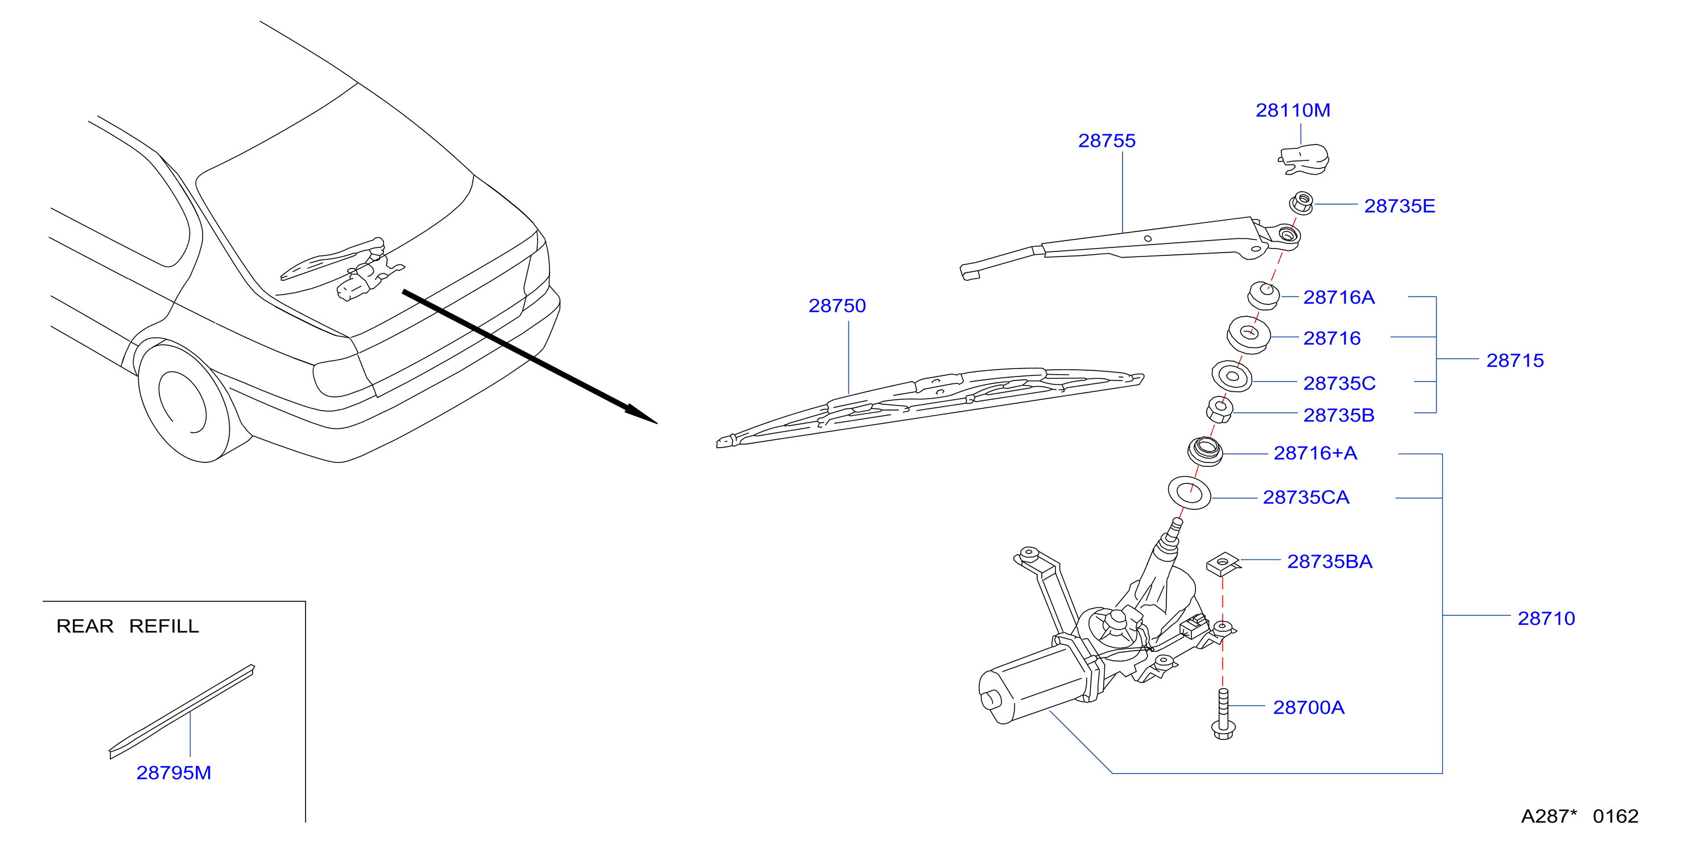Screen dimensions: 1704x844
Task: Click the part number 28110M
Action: click(x=1293, y=110)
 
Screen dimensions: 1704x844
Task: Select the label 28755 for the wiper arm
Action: click(x=1107, y=140)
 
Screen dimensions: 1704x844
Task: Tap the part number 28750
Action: click(x=837, y=305)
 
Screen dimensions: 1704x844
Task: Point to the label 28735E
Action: click(x=1400, y=206)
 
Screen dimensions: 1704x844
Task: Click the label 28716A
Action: click(x=1339, y=297)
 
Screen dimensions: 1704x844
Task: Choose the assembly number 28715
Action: click(x=1515, y=361)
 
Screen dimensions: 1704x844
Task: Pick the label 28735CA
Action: click(x=1306, y=498)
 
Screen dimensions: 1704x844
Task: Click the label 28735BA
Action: click(x=1330, y=561)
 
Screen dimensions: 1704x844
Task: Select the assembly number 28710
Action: click(x=1546, y=618)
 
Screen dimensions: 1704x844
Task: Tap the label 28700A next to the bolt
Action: click(x=1309, y=708)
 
